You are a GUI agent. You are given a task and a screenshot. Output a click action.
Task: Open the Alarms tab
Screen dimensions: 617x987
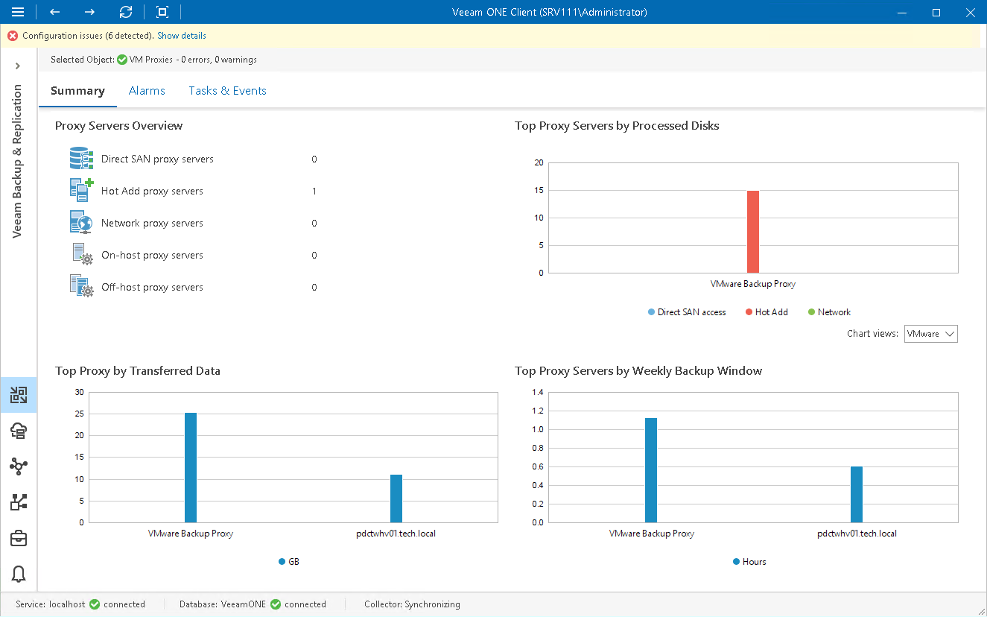[147, 91]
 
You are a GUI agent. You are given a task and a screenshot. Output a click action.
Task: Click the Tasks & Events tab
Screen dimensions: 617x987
[227, 91]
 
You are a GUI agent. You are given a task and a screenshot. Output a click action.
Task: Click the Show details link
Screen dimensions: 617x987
[181, 36]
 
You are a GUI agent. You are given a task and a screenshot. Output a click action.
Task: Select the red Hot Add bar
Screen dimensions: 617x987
[753, 232]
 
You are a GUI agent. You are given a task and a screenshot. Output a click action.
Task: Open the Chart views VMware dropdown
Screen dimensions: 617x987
[930, 334]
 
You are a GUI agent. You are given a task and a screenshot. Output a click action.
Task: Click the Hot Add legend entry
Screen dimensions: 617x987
[767, 312]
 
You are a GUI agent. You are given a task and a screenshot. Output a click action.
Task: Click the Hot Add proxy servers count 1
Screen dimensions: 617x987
[314, 192]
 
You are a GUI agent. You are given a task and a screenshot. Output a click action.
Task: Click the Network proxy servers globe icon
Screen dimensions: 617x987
[80, 223]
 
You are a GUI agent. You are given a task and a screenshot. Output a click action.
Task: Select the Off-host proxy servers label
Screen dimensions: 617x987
[152, 288]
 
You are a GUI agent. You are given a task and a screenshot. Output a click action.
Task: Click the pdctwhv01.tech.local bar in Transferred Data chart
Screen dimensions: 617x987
[396, 499]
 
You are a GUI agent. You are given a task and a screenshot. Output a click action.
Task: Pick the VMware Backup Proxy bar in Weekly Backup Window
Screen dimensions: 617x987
[651, 470]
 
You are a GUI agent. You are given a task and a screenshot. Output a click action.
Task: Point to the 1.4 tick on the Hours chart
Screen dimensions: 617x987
[538, 393]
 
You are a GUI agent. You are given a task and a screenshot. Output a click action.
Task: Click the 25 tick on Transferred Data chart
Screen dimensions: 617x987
[80, 414]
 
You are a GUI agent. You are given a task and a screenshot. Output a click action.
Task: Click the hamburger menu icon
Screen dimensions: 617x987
[18, 12]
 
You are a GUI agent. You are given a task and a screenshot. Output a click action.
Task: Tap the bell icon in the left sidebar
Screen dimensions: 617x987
[19, 574]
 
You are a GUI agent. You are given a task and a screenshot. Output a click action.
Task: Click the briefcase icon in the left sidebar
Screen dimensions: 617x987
[19, 538]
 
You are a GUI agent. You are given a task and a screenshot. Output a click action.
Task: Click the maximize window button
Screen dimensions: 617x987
[936, 12]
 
